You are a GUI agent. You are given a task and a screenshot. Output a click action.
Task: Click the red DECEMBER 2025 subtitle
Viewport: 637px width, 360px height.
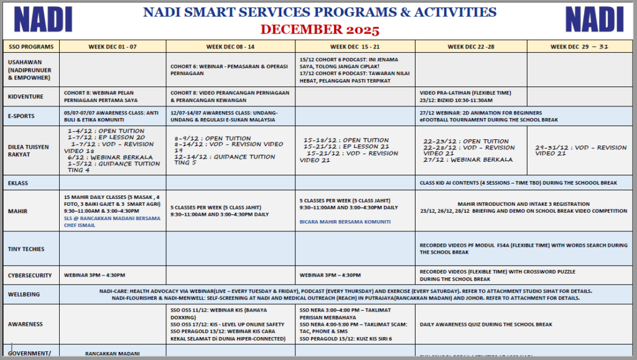pyautogui.click(x=320, y=29)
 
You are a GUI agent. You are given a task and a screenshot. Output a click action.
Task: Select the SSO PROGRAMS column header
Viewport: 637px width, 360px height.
pyautogui.click(x=31, y=47)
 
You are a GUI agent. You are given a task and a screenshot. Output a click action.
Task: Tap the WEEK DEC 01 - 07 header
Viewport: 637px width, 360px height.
pyautogui.click(x=113, y=47)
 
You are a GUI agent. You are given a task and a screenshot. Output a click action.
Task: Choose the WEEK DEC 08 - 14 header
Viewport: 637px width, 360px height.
pyautogui.click(x=230, y=47)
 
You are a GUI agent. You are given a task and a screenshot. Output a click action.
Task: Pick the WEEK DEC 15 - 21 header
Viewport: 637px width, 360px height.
pyautogui.click(x=355, y=47)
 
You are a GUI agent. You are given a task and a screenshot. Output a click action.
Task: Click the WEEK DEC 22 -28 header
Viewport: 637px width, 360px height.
pyautogui.click(x=471, y=47)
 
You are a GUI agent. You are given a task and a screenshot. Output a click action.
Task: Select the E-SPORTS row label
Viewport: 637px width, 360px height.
pyautogui.click(x=22, y=116)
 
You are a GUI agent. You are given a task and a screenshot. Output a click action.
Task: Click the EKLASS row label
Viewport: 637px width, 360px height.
pyautogui.click(x=19, y=183)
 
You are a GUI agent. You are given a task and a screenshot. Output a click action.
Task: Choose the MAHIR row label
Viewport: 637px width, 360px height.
pyautogui.click(x=17, y=211)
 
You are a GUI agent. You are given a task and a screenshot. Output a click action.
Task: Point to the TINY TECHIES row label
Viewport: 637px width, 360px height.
pyautogui.click(x=26, y=249)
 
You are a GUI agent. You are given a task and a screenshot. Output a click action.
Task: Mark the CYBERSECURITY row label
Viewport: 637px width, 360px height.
pyautogui.click(x=29, y=275)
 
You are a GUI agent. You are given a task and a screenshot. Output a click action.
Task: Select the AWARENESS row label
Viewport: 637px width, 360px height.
pyautogui.click(x=26, y=324)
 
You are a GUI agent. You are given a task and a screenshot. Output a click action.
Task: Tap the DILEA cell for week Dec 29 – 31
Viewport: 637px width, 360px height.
pyautogui.click(x=580, y=150)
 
